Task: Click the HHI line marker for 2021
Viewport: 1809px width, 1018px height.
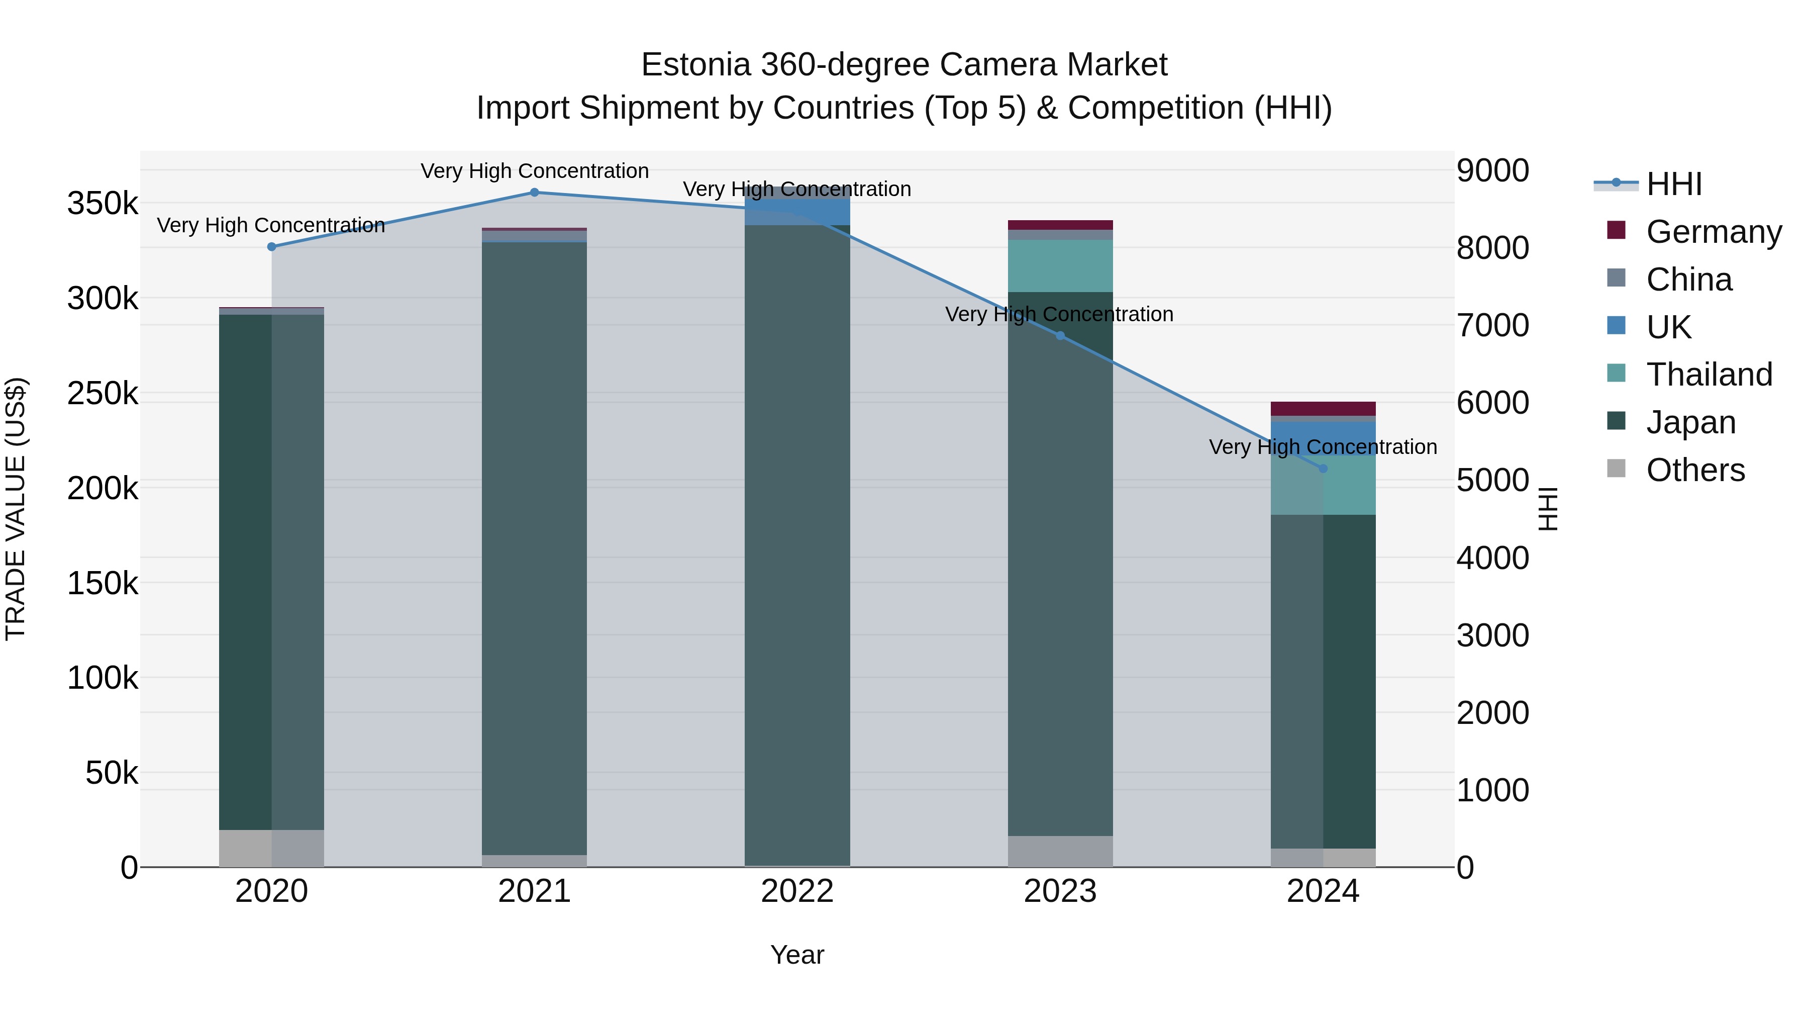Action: click(x=535, y=193)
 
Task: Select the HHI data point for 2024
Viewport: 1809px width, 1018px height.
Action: click(x=1323, y=469)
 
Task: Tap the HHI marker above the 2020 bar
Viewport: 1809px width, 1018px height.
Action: click(x=272, y=247)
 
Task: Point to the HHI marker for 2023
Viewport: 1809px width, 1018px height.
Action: click(x=1060, y=336)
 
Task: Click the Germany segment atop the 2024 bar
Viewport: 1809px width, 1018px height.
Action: click(x=1323, y=409)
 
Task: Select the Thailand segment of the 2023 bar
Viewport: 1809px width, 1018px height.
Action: click(x=1060, y=265)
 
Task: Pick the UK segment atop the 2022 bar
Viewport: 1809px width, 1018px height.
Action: click(x=797, y=207)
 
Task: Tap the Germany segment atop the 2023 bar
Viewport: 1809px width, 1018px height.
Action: click(x=1060, y=225)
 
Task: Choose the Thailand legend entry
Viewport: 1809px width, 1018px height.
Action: click(x=1710, y=375)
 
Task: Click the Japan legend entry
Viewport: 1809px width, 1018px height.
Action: click(x=1691, y=422)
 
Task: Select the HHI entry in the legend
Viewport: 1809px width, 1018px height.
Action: click(x=1674, y=184)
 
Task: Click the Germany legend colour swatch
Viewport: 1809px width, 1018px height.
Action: click(x=1617, y=230)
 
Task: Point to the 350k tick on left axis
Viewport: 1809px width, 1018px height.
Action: click(x=103, y=204)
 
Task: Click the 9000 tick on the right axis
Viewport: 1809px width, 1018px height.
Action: click(x=1492, y=171)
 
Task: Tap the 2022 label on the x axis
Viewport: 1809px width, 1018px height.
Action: click(x=797, y=891)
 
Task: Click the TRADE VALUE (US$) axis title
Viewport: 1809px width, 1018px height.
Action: click(x=16, y=509)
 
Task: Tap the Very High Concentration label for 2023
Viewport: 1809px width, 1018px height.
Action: click(x=1059, y=314)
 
